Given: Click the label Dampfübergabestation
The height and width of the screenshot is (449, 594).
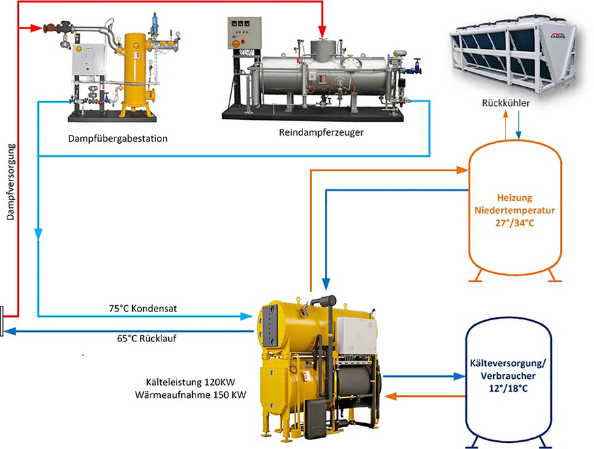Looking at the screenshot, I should click(x=118, y=138).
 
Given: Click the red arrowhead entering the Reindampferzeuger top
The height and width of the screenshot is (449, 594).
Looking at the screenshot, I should click(x=322, y=33).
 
